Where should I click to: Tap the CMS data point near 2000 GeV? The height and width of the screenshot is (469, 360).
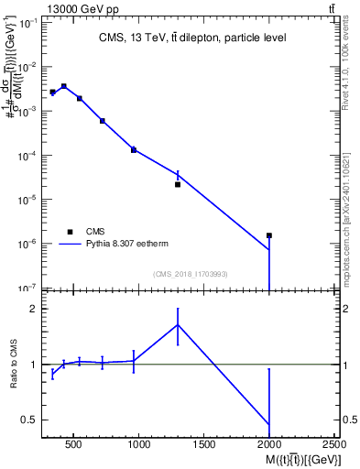(269, 235)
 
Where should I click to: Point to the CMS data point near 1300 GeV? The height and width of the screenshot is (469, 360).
(178, 184)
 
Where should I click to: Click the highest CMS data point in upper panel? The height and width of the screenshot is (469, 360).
(64, 86)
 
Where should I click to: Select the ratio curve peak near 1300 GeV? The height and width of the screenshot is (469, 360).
(178, 324)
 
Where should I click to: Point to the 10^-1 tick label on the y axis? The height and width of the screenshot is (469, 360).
(27, 23)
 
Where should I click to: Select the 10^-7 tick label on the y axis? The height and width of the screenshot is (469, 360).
(27, 288)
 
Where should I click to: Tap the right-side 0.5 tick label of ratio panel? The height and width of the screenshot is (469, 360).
(349, 420)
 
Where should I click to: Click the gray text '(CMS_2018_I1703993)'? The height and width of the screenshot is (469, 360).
(191, 274)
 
